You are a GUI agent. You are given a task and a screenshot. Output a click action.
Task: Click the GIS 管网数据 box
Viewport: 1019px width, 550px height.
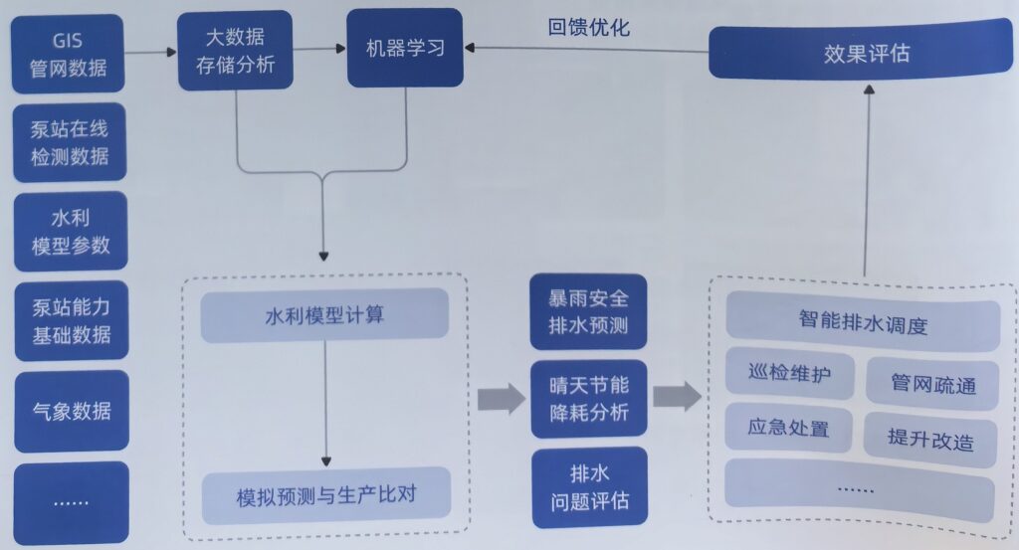(x=69, y=56)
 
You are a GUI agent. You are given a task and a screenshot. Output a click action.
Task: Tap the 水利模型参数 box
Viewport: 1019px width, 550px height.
(x=70, y=231)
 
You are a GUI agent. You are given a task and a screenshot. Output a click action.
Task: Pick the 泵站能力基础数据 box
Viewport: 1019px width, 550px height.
(x=70, y=319)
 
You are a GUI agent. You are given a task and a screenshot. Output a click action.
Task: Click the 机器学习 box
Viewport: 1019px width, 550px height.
(x=404, y=48)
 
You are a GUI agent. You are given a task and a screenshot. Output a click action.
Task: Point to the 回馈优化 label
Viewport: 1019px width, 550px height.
(x=588, y=28)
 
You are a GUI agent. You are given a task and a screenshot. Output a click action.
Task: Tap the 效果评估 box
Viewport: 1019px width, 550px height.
(x=866, y=53)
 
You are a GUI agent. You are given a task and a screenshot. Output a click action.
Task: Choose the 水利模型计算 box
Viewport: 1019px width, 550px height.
(x=324, y=316)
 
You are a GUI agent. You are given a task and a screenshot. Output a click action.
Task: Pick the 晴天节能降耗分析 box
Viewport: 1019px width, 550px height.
(x=589, y=398)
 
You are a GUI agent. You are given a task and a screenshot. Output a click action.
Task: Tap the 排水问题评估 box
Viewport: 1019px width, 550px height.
(x=589, y=484)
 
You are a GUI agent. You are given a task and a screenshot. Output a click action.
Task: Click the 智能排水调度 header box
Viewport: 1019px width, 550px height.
(x=862, y=323)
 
